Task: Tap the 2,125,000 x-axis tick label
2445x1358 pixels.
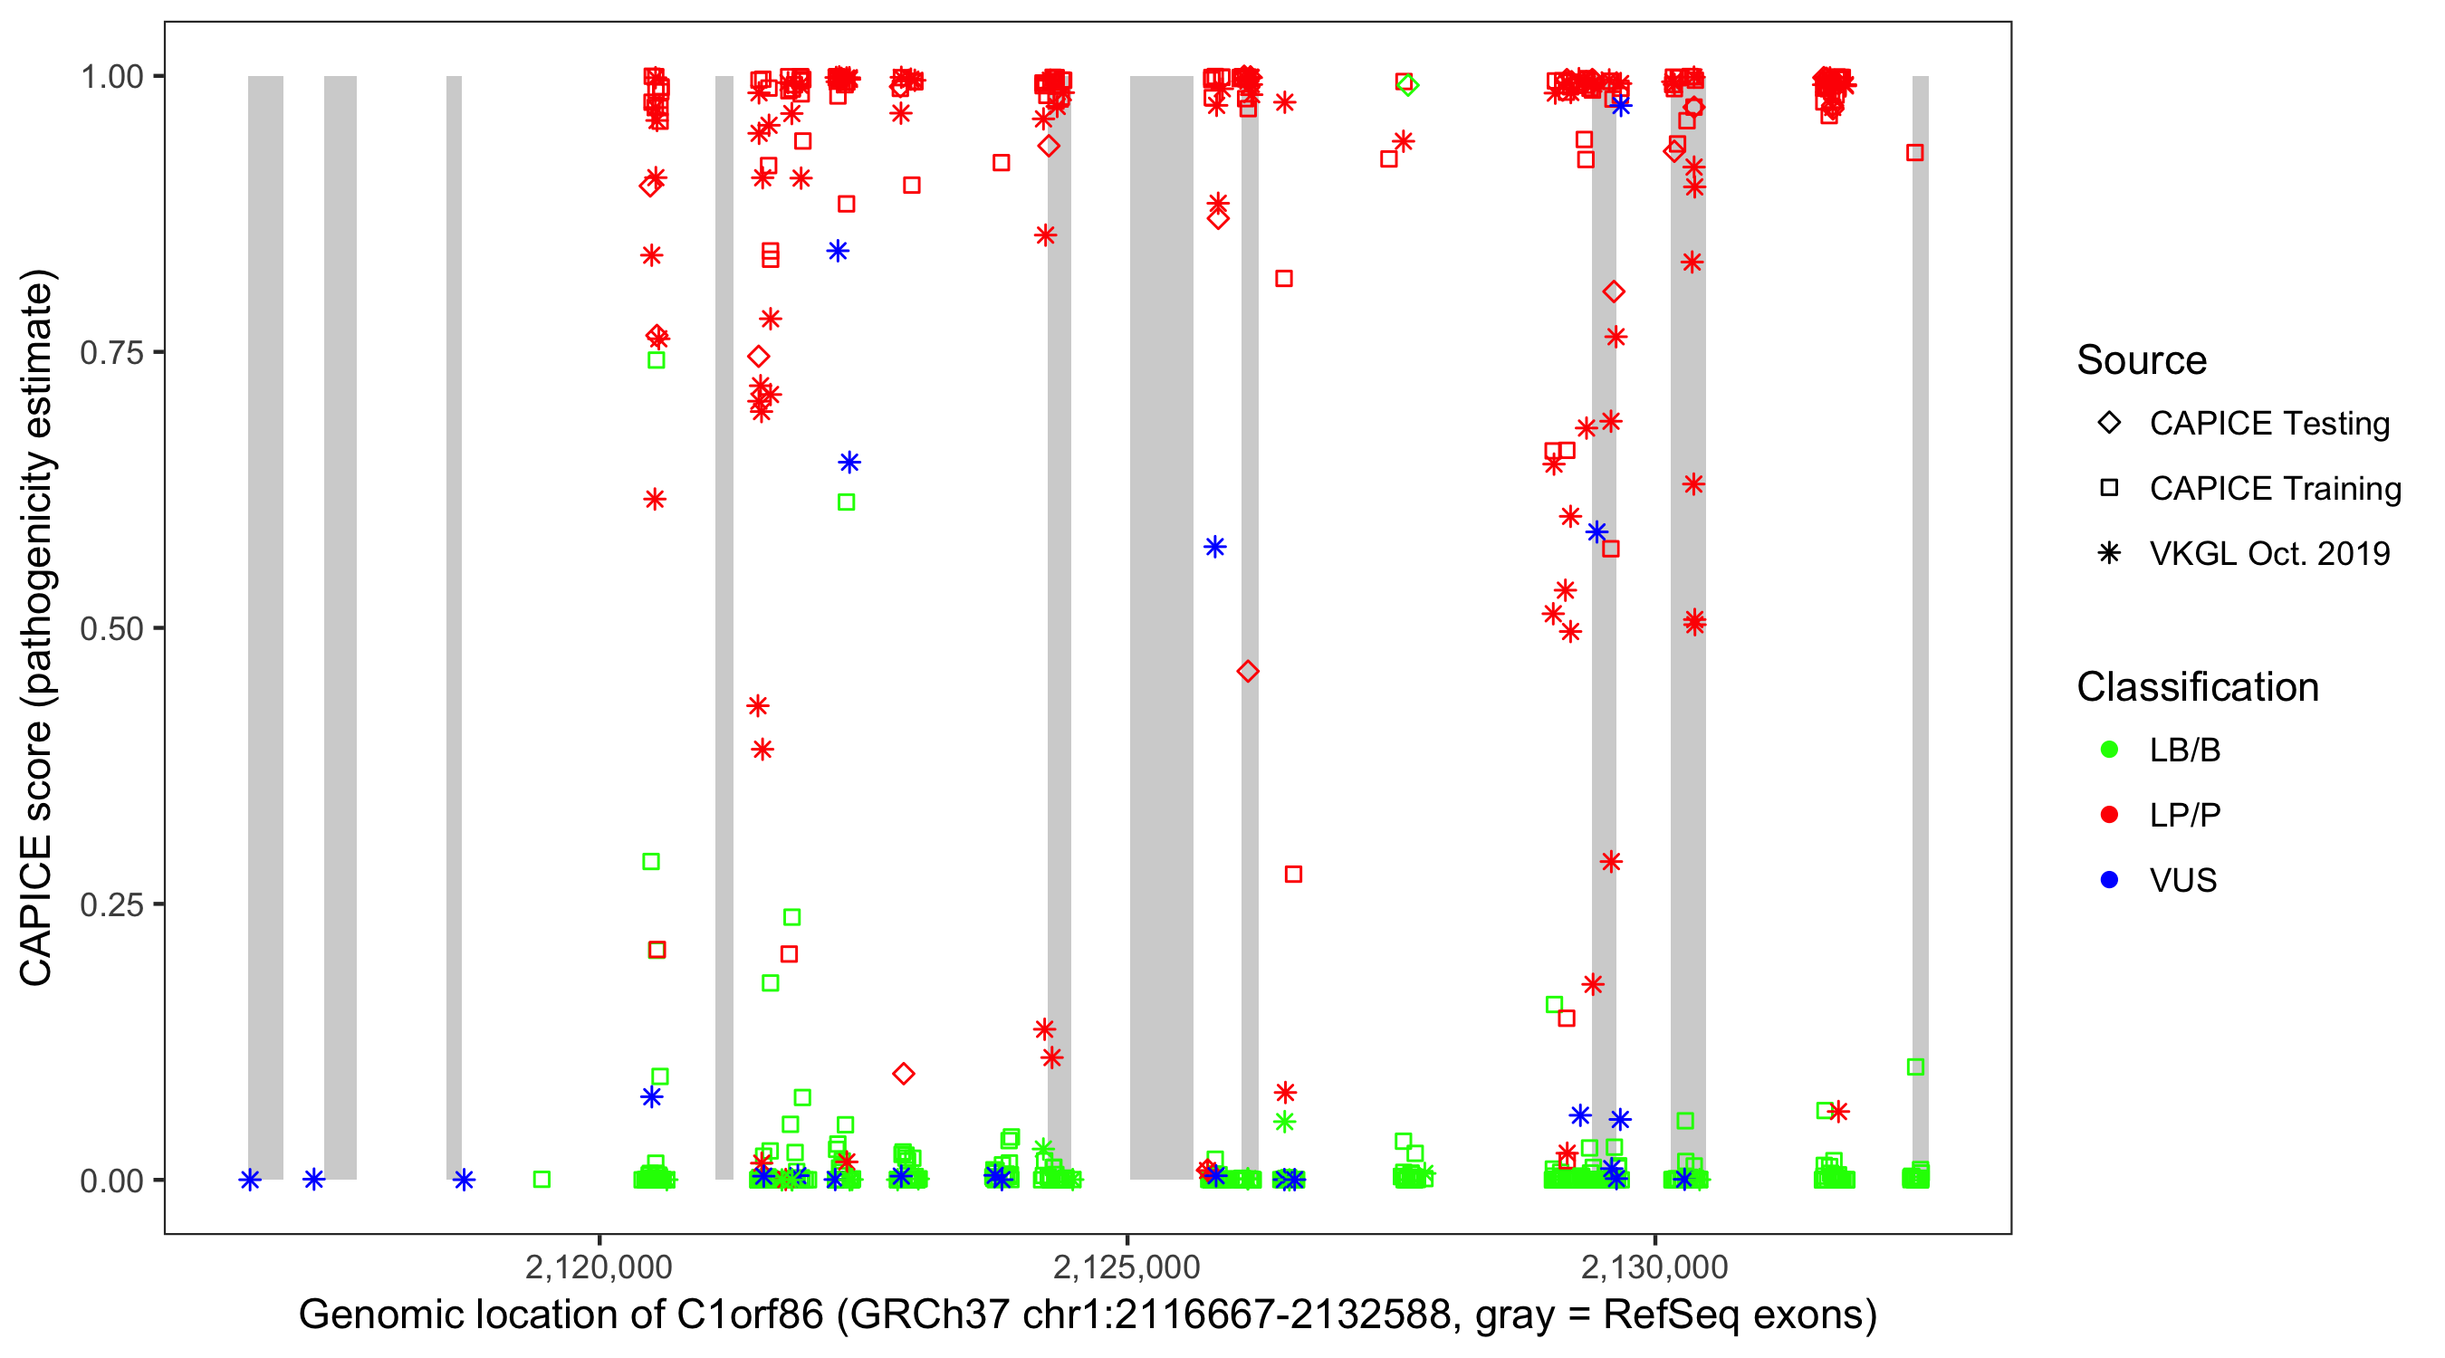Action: click(x=1127, y=1267)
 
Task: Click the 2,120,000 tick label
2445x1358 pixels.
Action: click(x=598, y=1267)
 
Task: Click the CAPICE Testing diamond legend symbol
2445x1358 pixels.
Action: click(x=2109, y=424)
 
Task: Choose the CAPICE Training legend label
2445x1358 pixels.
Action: click(x=2274, y=489)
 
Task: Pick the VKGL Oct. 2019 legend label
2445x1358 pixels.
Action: click(x=2268, y=554)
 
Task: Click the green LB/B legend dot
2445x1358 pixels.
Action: click(x=2109, y=750)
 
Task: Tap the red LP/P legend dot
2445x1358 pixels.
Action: click(x=2109, y=815)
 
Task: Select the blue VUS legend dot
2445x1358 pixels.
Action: click(x=2109, y=881)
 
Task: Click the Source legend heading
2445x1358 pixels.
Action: click(x=2142, y=360)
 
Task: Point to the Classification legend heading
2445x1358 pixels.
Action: click(x=2197, y=687)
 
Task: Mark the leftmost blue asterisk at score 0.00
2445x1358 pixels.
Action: click(x=250, y=1180)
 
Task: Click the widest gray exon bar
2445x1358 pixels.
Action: click(x=1161, y=626)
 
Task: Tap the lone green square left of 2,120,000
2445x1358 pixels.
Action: click(x=541, y=1180)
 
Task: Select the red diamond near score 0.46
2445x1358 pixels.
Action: click(x=1248, y=672)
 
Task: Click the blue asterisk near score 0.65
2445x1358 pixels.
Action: click(x=849, y=462)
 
